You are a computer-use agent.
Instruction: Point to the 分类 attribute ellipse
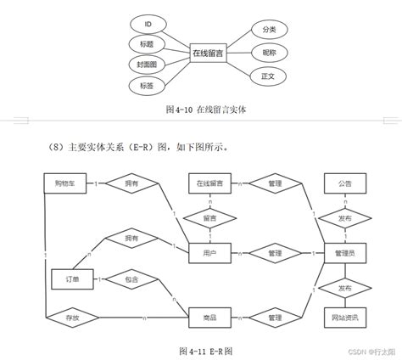tap(269, 29)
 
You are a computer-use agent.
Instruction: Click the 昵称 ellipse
tap(270, 53)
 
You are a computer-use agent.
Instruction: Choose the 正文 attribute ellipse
tap(270, 76)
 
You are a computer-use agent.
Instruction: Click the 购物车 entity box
tap(64, 183)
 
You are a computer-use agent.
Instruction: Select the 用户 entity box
tap(209, 252)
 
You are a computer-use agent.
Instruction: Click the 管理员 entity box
tap(345, 252)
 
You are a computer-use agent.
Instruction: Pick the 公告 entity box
tap(345, 183)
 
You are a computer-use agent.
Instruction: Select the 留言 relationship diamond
tap(209, 217)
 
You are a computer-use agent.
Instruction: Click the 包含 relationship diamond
tap(130, 278)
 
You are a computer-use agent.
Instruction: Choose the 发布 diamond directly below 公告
tap(345, 217)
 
